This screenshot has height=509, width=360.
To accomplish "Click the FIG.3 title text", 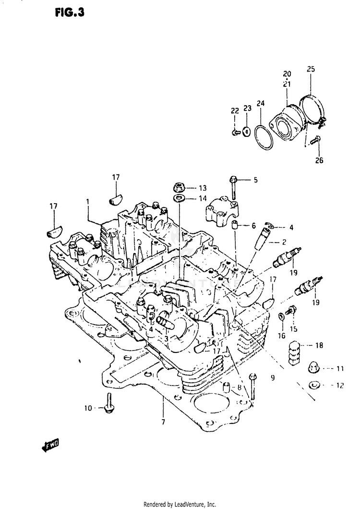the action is [x=70, y=12].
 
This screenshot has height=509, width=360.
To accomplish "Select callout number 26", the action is [x=319, y=160].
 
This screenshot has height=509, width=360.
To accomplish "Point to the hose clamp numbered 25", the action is [x=312, y=110].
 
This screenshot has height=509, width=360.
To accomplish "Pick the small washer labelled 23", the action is [x=247, y=132].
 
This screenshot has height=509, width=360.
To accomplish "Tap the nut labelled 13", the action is [x=179, y=187].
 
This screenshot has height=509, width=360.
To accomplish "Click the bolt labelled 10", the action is [x=108, y=403].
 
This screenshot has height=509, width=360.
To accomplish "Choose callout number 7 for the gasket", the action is [x=163, y=422].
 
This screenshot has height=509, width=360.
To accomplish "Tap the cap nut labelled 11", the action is [x=313, y=368].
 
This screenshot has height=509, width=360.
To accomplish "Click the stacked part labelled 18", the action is [x=294, y=352].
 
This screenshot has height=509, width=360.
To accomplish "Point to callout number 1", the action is [x=87, y=202].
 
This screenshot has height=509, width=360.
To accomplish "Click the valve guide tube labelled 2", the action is [x=262, y=238].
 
